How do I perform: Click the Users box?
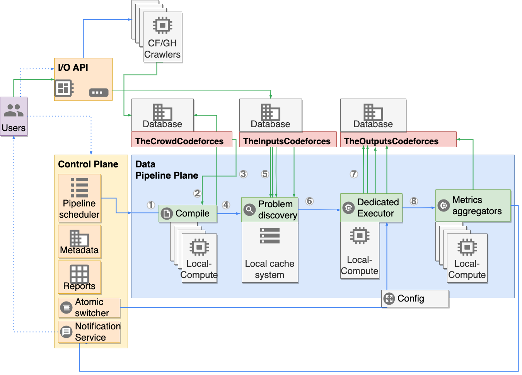pyautogui.click(x=14, y=116)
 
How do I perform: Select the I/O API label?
pyautogui.click(x=73, y=68)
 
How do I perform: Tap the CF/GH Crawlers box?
pyautogui.click(x=162, y=37)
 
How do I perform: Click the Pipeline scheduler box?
pyautogui.click(x=80, y=198)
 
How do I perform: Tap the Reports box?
pyautogui.click(x=80, y=277)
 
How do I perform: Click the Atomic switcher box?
pyautogui.click(x=89, y=307)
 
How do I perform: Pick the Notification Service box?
pyautogui.click(x=89, y=332)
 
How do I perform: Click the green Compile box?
pyautogui.click(x=188, y=213)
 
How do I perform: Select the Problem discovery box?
pyautogui.click(x=270, y=210)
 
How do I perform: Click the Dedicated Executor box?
pyautogui.click(x=371, y=208)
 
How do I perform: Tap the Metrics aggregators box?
pyautogui.click(x=473, y=206)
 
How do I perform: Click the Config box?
pyautogui.click(x=415, y=298)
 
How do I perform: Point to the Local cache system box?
pyautogui.click(x=270, y=252)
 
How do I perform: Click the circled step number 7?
pyautogui.click(x=354, y=174)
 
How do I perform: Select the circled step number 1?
pyautogui.click(x=151, y=205)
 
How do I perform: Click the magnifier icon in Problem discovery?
pyautogui.click(x=249, y=210)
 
